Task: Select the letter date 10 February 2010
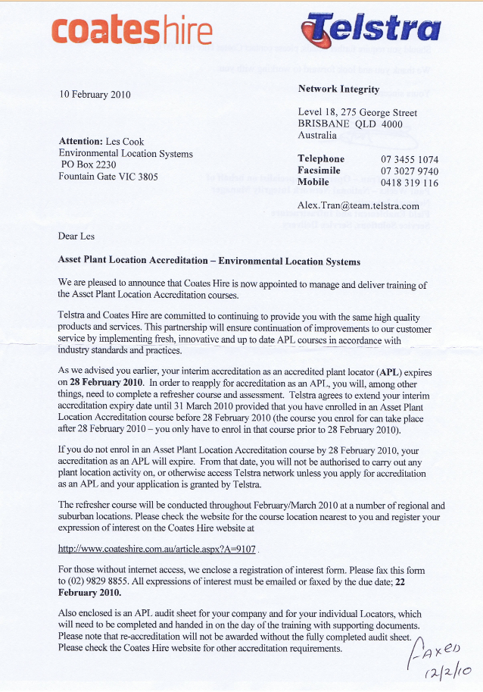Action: point(95,95)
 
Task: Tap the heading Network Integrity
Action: point(338,89)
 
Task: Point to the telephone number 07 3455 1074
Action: point(410,159)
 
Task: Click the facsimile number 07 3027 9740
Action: point(410,171)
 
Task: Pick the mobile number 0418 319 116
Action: point(410,183)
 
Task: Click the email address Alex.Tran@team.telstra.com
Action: point(358,205)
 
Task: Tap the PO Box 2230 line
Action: point(89,164)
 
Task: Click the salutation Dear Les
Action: point(76,236)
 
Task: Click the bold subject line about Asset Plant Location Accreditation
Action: point(209,260)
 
